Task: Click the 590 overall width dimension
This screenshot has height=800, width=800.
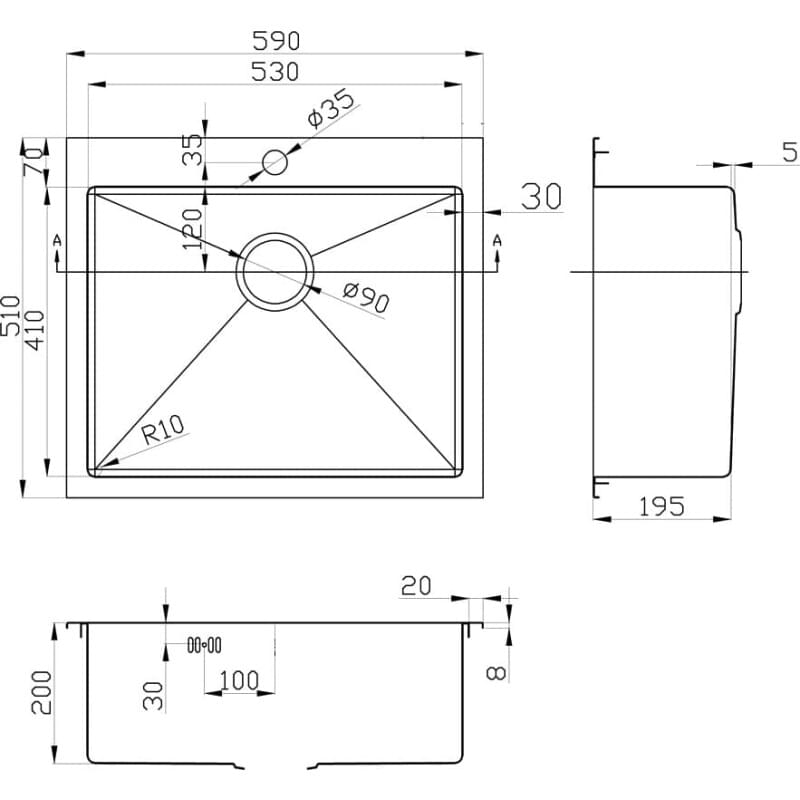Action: tap(276, 41)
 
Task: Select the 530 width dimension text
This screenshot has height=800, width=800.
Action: tap(275, 72)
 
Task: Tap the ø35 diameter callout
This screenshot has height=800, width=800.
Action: tap(331, 108)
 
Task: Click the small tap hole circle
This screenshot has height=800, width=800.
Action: tap(274, 162)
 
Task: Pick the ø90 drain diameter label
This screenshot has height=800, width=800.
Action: tap(366, 297)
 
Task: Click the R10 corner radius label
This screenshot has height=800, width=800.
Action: tap(163, 429)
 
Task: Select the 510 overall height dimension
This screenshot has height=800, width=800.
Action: tap(11, 315)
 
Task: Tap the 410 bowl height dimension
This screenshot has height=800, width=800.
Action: tap(35, 330)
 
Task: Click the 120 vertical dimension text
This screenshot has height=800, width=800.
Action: tap(192, 229)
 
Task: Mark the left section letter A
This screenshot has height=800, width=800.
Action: tap(57, 240)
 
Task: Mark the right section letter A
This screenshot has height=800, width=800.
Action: tap(497, 240)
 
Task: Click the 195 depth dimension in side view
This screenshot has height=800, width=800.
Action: tap(662, 507)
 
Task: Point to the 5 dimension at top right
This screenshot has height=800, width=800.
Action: tap(790, 152)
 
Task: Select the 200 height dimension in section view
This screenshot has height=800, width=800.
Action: tap(41, 692)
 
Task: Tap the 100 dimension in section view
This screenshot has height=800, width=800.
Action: tap(239, 680)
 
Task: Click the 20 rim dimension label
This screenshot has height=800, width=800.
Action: tap(416, 586)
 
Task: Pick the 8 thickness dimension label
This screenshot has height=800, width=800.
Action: tap(496, 673)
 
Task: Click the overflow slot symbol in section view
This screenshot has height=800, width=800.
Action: tap(204, 645)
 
